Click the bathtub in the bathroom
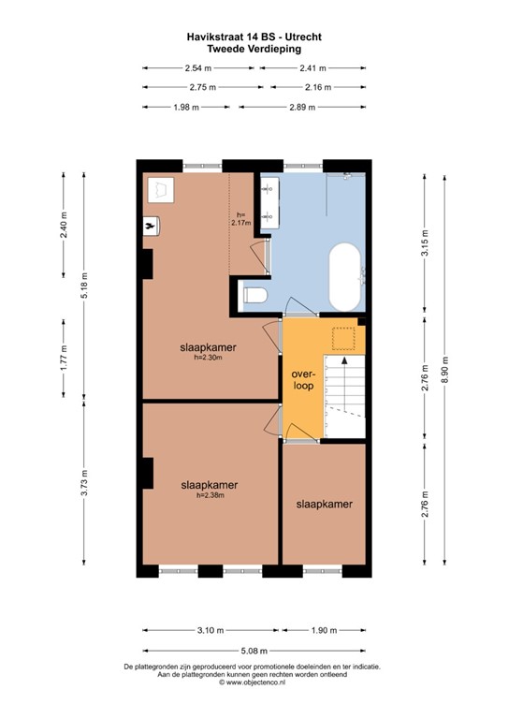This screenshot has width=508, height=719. coord(343,278)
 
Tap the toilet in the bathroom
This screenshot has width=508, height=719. coord(254,298)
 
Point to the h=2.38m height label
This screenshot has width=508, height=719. coord(210,496)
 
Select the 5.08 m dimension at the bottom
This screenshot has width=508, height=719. coord(254,651)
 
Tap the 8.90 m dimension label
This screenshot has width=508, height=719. coord(446,374)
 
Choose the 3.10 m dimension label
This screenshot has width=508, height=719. coord(210,630)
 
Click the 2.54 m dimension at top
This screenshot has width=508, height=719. coord(196,67)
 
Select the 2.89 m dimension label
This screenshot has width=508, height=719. coord(301,107)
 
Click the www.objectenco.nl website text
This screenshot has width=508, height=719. coord(254,682)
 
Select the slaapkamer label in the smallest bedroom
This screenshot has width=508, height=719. coord(324,504)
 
